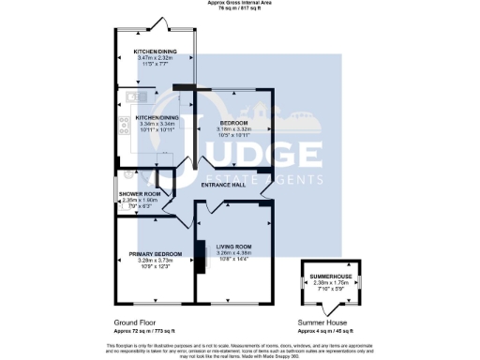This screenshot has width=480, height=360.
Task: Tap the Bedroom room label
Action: click(233, 123)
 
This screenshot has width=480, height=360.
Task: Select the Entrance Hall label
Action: click(230, 186)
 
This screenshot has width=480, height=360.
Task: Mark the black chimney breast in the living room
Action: click(199, 257)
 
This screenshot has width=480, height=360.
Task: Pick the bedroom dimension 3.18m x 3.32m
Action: click(233, 129)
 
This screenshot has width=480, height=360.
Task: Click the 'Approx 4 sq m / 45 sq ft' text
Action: click(326, 331)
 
